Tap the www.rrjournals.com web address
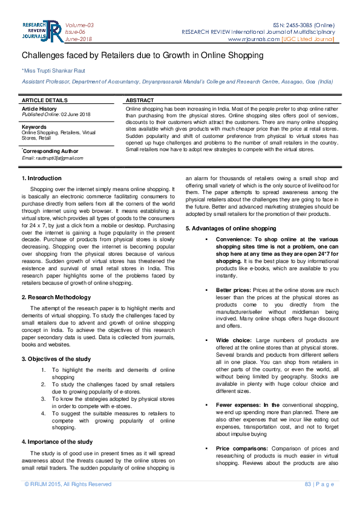[x=254, y=39]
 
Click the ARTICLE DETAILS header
[x=45, y=99]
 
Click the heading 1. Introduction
[x=42, y=178]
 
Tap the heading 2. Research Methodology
[x=56, y=297]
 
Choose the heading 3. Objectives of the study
[x=56, y=359]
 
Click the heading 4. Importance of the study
[x=57, y=442]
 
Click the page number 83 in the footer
[x=307, y=484]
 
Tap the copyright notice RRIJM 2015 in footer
[x=68, y=484]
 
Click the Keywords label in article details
[x=34, y=127]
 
